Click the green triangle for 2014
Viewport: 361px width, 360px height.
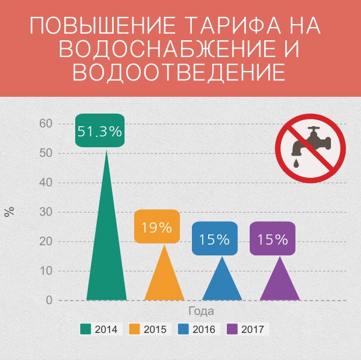(x=106, y=252)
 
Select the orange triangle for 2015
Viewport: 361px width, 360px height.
(x=164, y=279)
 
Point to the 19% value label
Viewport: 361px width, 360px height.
(x=157, y=227)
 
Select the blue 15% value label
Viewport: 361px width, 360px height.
(x=215, y=239)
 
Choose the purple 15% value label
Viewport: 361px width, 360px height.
(x=273, y=239)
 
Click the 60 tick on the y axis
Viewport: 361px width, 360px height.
(x=46, y=124)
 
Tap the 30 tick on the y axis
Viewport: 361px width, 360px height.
(x=46, y=212)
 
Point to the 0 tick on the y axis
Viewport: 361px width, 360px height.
(x=49, y=301)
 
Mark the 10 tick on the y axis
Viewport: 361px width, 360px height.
(x=46, y=271)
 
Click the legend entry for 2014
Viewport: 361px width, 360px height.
(x=100, y=329)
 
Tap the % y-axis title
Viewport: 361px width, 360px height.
(x=9, y=212)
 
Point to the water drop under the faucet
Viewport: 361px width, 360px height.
(x=297, y=162)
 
